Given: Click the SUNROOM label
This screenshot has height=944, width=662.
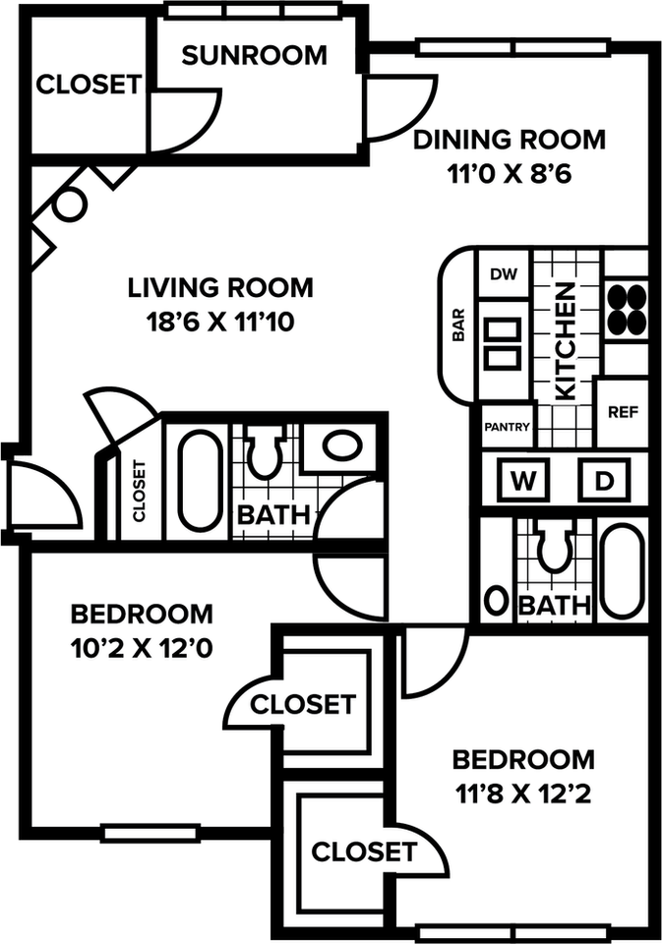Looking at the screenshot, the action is [x=254, y=55].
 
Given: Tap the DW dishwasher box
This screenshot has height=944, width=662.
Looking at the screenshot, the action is [x=504, y=274].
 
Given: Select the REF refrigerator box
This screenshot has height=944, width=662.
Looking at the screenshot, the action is [x=623, y=412].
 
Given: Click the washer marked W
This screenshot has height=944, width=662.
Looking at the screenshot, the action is [x=523, y=481].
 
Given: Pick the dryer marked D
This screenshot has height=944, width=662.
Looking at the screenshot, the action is [x=604, y=481].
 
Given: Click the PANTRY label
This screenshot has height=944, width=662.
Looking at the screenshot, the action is [x=508, y=427].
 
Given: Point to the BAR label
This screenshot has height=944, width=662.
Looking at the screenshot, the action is [x=458, y=325].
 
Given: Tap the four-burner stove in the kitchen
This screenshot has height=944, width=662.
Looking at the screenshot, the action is [x=627, y=310].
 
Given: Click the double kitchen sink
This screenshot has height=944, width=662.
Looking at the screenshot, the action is [x=504, y=342].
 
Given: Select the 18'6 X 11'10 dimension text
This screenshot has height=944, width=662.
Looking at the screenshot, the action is [x=220, y=323].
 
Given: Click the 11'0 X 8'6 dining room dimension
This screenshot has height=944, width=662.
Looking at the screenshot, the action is [x=509, y=174].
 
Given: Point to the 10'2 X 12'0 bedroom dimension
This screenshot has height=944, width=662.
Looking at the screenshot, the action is [x=142, y=649].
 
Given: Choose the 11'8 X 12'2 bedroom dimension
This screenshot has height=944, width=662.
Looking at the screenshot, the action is [x=523, y=795].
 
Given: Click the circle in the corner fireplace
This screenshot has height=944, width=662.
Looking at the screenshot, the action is [x=69, y=205].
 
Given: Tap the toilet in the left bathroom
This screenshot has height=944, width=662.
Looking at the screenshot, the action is [x=266, y=452].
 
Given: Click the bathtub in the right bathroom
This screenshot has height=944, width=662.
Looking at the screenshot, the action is [x=624, y=572].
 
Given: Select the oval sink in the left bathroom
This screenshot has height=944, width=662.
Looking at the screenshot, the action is [x=342, y=444].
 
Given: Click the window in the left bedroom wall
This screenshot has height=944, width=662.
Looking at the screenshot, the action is [x=150, y=833].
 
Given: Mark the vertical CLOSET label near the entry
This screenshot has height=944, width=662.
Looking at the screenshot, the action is [x=139, y=491].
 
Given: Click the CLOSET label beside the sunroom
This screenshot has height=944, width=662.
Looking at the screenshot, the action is [x=89, y=85].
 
